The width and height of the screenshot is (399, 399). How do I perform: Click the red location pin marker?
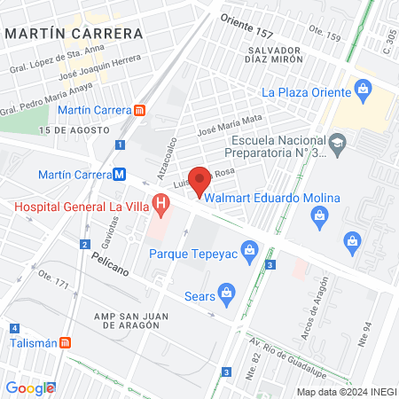click(x=199, y=180)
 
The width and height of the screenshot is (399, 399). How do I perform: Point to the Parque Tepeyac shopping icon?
click(x=251, y=251)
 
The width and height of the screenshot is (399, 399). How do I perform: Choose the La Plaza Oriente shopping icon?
click(x=362, y=89)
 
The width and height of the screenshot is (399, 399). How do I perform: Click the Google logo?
click(x=30, y=387)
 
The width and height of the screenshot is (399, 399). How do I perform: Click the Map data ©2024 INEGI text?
click(x=345, y=391)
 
